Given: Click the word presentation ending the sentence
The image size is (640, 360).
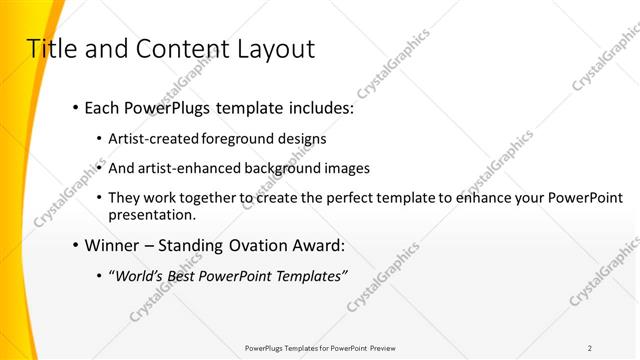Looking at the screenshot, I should [150, 215].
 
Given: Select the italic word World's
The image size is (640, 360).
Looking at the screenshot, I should [139, 276].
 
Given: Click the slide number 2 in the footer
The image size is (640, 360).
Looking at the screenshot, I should [590, 348].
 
